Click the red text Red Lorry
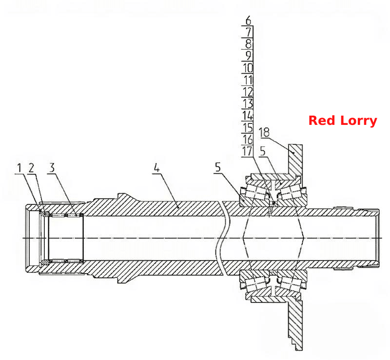(x=343, y=121)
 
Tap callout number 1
(x=19, y=168)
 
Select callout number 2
(x=31, y=168)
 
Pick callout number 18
(x=264, y=132)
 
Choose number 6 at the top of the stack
(x=248, y=20)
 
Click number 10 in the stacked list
(x=248, y=68)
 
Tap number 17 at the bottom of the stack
(x=248, y=151)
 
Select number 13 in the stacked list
(x=248, y=103)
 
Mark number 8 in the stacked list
(x=249, y=44)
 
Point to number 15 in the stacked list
(x=248, y=127)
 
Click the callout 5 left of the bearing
(x=218, y=167)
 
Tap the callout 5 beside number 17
(x=263, y=151)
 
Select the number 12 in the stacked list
(x=248, y=92)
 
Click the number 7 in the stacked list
(x=249, y=32)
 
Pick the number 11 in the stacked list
(x=248, y=80)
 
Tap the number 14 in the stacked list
(x=248, y=116)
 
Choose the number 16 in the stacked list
(x=248, y=139)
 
